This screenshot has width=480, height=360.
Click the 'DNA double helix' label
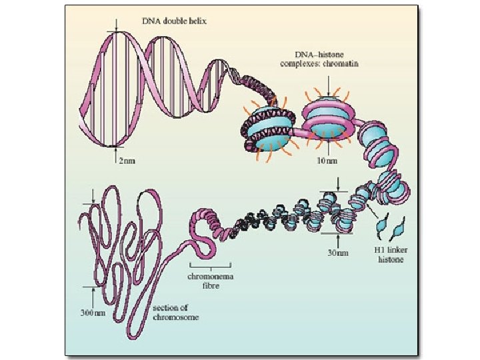click(x=175, y=21)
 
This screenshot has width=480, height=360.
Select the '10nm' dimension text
click(x=327, y=161)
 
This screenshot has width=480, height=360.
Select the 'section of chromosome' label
click(x=175, y=312)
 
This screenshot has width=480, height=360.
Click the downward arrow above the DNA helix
click(x=117, y=23)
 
